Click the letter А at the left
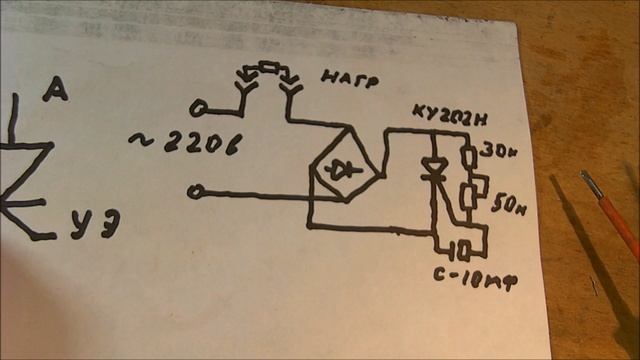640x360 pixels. [56, 93]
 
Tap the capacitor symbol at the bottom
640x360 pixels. [461, 245]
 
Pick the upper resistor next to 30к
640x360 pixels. [469, 155]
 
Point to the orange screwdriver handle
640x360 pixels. [619, 225]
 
